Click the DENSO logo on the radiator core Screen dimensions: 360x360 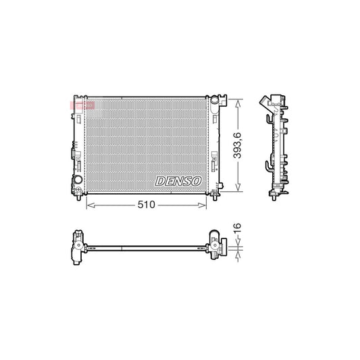(178, 180)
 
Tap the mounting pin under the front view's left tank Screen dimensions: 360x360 (80, 197)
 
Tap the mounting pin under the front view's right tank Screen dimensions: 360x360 (215, 197)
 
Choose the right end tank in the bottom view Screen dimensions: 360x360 (215, 246)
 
